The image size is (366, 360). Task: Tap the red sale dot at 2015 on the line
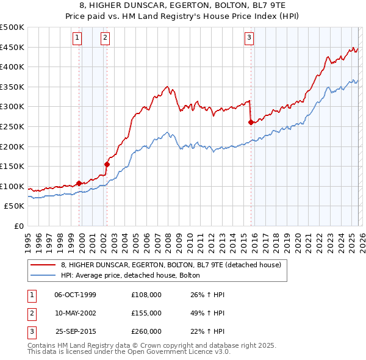pos(251,122)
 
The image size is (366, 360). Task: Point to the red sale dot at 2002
pos(107,164)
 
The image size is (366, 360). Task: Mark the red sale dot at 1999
pos(79,182)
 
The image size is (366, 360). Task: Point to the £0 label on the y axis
pos(18,226)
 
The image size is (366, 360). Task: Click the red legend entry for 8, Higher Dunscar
pos(171,265)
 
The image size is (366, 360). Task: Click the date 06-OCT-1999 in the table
pos(75,295)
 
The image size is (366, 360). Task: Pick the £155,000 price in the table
pos(146,312)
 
